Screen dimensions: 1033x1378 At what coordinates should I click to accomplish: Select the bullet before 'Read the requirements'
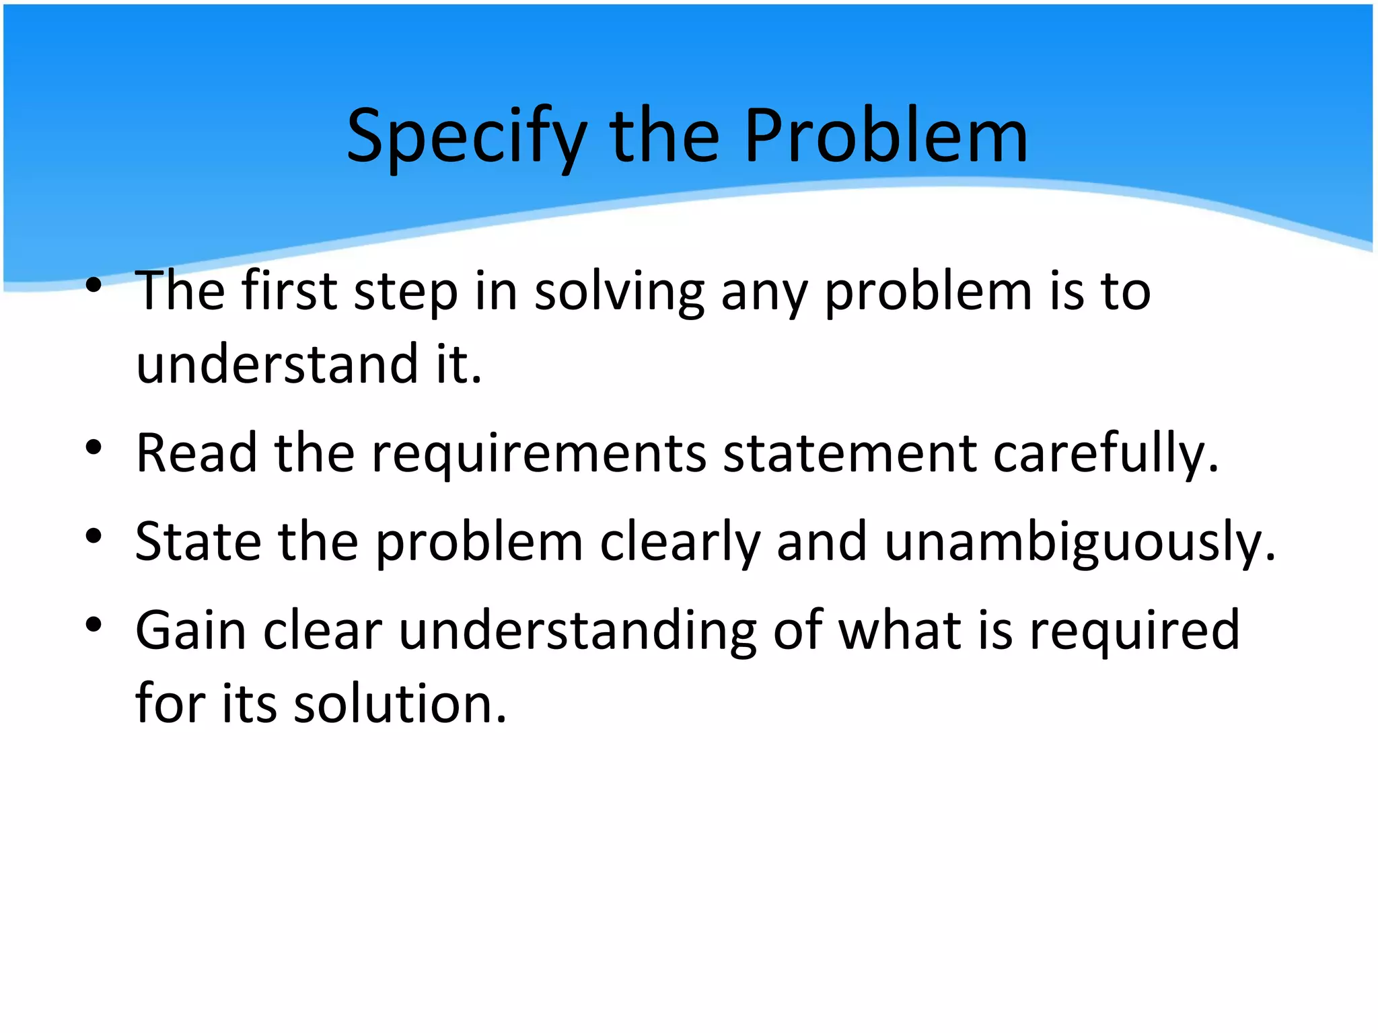click(x=94, y=447)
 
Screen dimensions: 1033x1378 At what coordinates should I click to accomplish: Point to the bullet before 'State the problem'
click(x=94, y=536)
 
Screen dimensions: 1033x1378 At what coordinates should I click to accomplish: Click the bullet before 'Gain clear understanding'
click(x=94, y=625)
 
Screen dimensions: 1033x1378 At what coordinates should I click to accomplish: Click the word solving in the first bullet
click(x=619, y=293)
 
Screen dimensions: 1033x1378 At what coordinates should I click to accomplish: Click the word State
click(x=198, y=541)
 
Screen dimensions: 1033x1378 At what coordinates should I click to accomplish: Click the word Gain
click(x=191, y=630)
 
